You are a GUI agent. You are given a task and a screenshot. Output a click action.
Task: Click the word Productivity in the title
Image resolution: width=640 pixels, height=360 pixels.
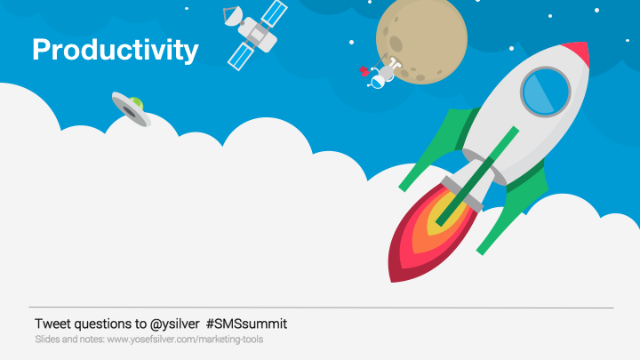[x=116, y=50]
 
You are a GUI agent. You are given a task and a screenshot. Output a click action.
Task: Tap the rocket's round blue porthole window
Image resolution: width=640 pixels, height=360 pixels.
[x=545, y=92]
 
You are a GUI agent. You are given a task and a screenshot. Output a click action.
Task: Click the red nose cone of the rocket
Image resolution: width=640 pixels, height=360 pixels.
[x=578, y=51]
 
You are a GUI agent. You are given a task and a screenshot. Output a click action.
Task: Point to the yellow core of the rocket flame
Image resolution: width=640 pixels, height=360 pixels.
[x=443, y=214]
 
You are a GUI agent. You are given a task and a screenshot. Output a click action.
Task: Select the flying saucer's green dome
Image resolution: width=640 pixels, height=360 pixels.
[x=137, y=103]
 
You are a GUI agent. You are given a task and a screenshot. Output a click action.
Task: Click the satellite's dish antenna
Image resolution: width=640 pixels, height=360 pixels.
[x=233, y=15]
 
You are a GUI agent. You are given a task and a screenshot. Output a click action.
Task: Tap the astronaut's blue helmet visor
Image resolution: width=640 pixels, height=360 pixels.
[x=378, y=83]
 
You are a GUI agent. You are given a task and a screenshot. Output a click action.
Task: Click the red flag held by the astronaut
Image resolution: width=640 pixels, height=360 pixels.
[x=364, y=71]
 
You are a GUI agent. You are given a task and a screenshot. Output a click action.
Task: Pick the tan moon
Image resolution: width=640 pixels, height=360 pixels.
[x=421, y=40]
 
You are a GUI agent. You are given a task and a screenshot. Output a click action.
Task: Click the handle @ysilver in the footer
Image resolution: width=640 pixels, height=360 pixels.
[x=175, y=324]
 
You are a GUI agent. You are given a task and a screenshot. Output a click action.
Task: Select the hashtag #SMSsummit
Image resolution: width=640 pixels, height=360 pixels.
[x=246, y=324]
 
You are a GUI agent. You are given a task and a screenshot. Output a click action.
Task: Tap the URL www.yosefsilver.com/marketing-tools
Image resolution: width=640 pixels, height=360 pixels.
[x=185, y=340]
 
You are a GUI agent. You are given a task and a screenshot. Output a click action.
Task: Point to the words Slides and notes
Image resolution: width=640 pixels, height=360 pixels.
[x=70, y=340]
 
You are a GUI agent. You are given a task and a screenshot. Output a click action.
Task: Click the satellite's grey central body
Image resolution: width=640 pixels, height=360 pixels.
[x=257, y=36]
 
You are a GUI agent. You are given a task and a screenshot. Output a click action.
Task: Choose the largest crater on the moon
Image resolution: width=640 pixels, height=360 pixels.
[x=396, y=44]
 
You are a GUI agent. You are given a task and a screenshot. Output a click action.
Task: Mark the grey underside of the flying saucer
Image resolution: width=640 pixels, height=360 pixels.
[x=130, y=110]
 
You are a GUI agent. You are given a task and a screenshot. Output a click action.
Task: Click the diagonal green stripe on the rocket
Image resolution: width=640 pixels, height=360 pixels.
[x=477, y=176]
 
